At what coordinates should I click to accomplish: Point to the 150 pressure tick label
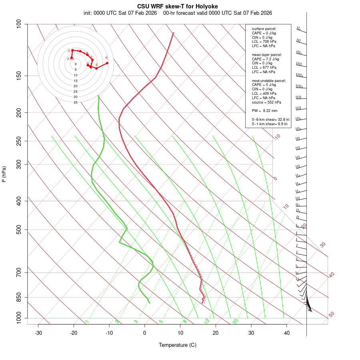click(x=19, y=76)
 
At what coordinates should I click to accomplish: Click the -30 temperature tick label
click(x=38, y=333)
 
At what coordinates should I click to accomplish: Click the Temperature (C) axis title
click(x=178, y=345)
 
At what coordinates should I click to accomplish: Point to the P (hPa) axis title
click(x=4, y=174)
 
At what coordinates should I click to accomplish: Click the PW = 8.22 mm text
click(x=265, y=111)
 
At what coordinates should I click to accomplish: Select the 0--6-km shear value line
click(x=270, y=120)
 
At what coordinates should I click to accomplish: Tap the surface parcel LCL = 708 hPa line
click(x=264, y=42)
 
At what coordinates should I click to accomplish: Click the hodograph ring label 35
click(x=75, y=102)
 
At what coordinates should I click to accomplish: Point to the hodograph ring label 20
click(x=75, y=86)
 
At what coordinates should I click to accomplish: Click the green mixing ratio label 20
click(x=235, y=321)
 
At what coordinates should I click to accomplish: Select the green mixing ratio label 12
click(x=206, y=321)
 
